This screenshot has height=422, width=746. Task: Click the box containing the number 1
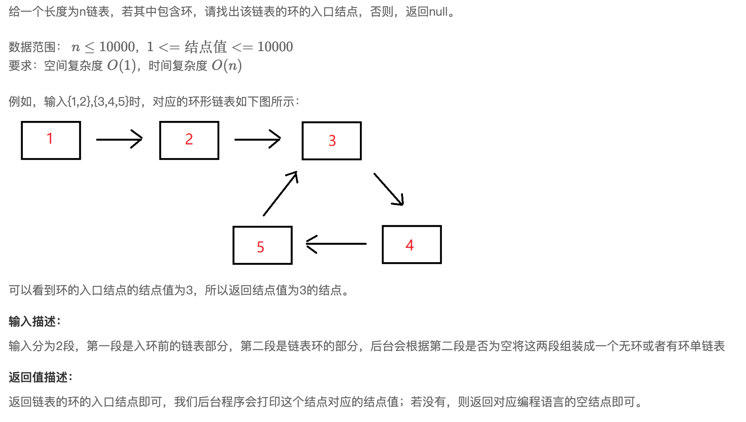click(x=51, y=140)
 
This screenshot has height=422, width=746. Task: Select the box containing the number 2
click(x=189, y=140)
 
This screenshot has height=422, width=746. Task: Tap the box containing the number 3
click(x=332, y=141)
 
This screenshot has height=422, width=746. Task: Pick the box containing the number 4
click(x=411, y=244)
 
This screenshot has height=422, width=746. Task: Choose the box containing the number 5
click(x=262, y=245)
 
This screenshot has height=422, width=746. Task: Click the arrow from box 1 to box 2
click(x=119, y=139)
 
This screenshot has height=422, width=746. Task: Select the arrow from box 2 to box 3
click(x=257, y=139)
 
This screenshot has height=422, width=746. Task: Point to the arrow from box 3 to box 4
click(x=389, y=189)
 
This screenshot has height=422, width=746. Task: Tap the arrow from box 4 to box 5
click(x=336, y=244)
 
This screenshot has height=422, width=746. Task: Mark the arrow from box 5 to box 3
click(x=280, y=193)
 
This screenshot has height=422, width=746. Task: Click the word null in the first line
click(x=438, y=12)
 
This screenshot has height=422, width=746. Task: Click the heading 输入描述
click(x=33, y=322)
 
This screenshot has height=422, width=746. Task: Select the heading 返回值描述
click(x=39, y=377)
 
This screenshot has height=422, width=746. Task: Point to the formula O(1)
click(x=122, y=66)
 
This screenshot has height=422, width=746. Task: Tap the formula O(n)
click(x=226, y=66)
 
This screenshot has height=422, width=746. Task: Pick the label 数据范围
click(x=32, y=47)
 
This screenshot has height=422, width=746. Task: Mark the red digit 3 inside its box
click(x=332, y=141)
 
